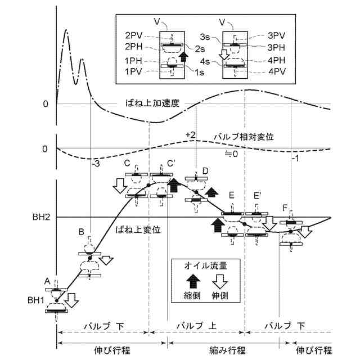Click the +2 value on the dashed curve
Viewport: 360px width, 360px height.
point(190,135)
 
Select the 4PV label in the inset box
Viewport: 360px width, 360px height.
point(278,72)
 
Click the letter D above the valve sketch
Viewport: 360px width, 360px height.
point(205,170)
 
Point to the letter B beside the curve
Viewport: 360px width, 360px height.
point(82,232)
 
